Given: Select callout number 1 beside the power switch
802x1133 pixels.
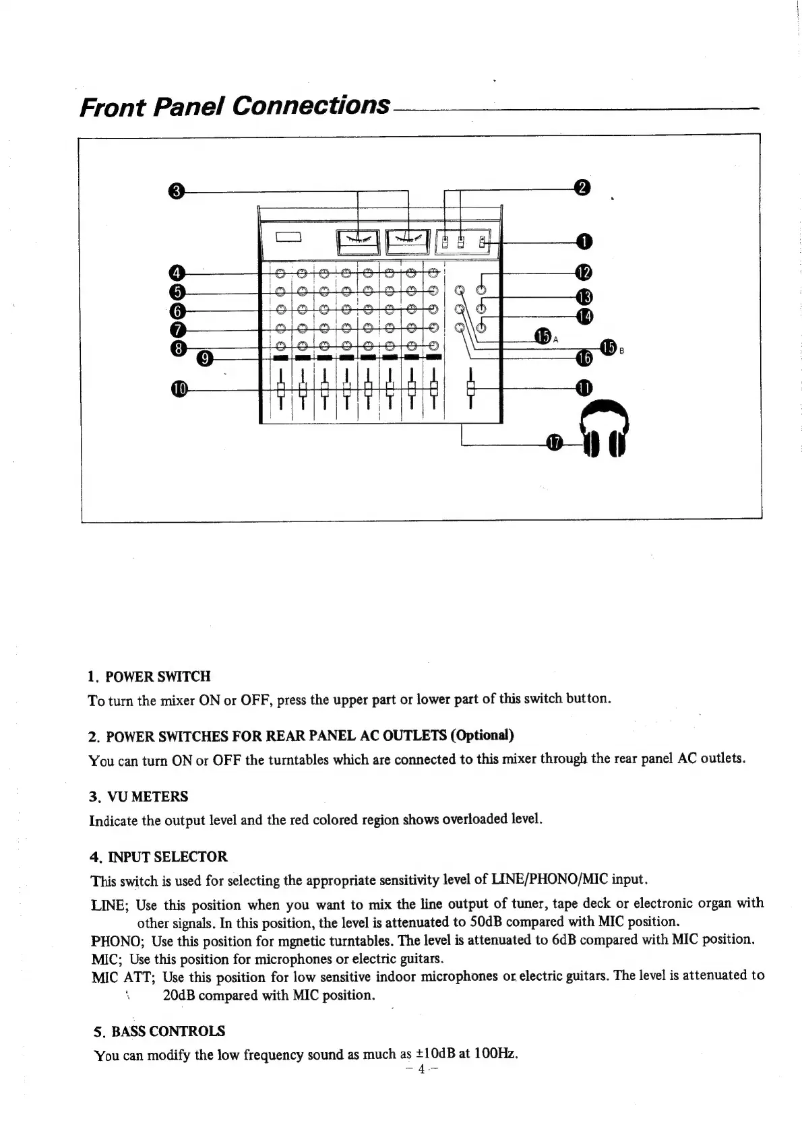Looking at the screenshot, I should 584,241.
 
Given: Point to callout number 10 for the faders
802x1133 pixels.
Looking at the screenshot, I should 179,389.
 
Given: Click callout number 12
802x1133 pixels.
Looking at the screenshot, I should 584,273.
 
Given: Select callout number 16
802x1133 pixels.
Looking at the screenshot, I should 584,358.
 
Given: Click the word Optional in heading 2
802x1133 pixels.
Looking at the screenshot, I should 482,734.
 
